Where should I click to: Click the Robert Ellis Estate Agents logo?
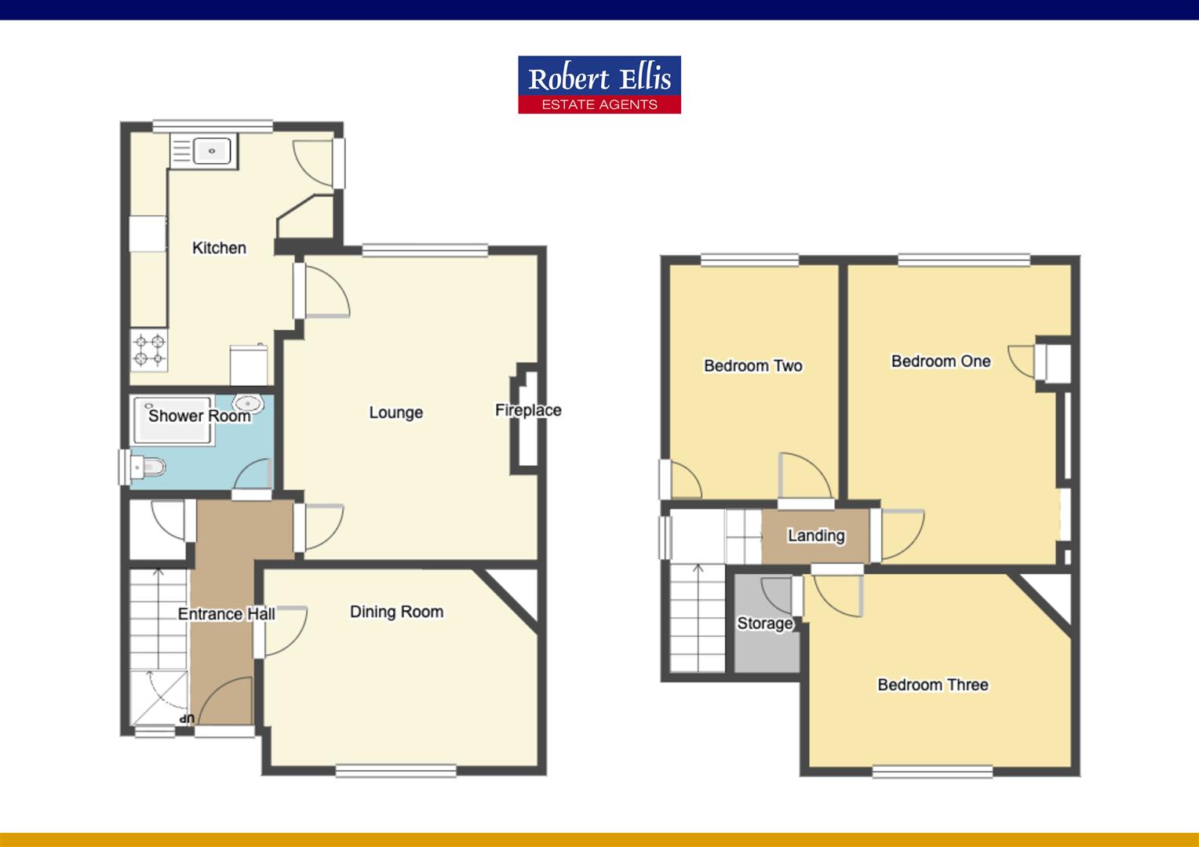click(x=599, y=85)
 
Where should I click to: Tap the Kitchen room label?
click(x=219, y=248)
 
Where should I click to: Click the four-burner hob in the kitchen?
click(x=149, y=350)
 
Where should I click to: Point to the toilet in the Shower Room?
click(x=148, y=468)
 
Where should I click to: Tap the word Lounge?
click(x=395, y=413)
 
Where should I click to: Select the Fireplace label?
click(x=528, y=410)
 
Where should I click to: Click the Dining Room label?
click(x=396, y=612)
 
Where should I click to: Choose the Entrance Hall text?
click(x=226, y=614)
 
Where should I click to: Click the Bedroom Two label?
click(x=753, y=365)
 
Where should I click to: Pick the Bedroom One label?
click(x=941, y=362)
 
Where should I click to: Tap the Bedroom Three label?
click(x=932, y=685)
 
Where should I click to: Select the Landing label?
click(x=816, y=536)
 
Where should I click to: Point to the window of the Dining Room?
click(x=396, y=771)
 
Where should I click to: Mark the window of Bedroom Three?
click(x=932, y=772)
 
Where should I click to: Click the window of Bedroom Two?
click(x=749, y=260)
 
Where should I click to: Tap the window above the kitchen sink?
click(x=213, y=125)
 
